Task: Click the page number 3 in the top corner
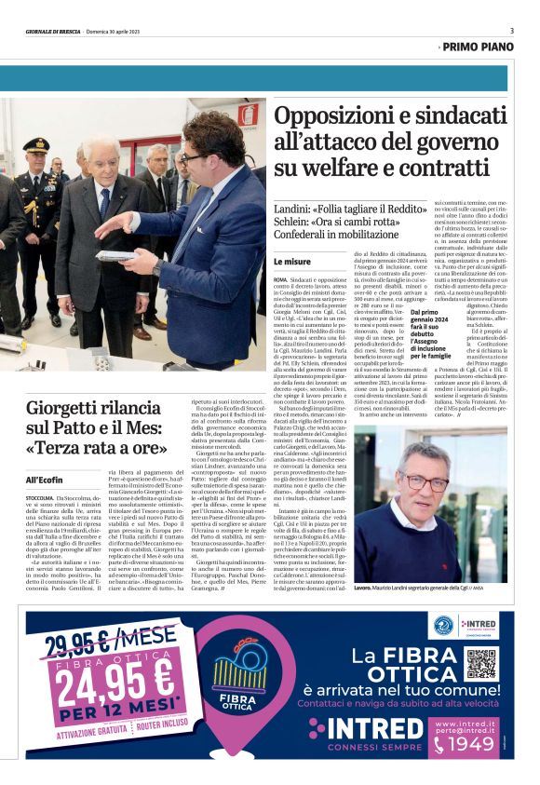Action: [511, 31]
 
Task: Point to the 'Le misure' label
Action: [293, 262]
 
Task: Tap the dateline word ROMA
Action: [280, 279]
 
